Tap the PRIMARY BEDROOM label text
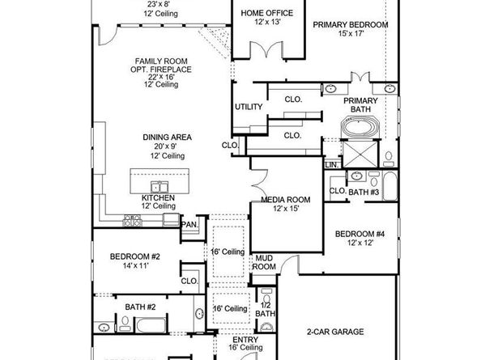tap(350, 25)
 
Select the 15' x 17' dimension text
tap(350, 35)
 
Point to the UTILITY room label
tap(248, 107)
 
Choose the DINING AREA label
tap(167, 138)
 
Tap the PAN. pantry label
tap(189, 224)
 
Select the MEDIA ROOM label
tap(285, 200)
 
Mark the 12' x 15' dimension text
tap(285, 210)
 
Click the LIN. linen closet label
tap(330, 164)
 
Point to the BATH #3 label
tap(364, 192)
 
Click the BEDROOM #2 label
tap(135, 256)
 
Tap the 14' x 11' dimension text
tap(135, 266)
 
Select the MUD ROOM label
tap(264, 261)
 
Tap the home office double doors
tap(265, 50)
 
